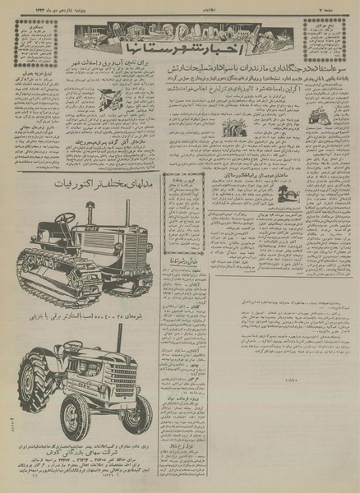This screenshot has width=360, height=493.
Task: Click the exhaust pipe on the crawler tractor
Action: click(127, 210)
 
